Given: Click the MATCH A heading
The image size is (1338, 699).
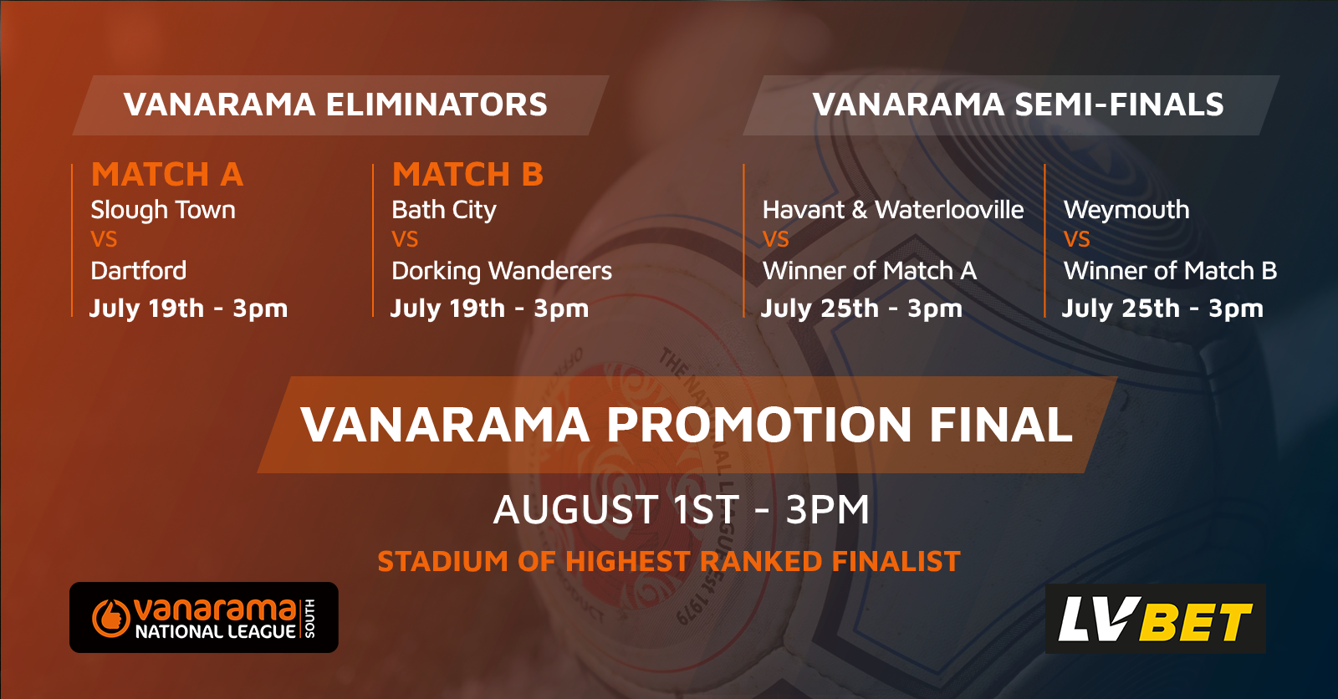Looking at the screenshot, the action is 167,175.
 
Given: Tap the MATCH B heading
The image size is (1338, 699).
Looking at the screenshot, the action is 467,175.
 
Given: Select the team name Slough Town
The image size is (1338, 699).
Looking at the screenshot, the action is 163,211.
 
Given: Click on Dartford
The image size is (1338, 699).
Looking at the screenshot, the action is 139,271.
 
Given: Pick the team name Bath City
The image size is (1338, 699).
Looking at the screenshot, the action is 444,211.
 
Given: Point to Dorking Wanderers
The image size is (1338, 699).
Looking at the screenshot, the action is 502,271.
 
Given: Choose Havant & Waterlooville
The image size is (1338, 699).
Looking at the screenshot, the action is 893,210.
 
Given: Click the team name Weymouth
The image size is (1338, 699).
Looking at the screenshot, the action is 1126,211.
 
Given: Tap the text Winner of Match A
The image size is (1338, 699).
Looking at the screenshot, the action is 870,271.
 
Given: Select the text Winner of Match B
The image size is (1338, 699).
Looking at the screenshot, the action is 1170,271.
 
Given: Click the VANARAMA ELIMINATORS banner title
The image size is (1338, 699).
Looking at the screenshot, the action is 335,105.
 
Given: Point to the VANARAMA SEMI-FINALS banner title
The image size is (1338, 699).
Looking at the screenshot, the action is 1018,105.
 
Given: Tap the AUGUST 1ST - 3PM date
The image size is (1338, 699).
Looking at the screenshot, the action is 681,509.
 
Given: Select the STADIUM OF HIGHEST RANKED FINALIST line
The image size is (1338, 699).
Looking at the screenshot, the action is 669,562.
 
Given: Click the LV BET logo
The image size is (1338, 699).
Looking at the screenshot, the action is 1155,619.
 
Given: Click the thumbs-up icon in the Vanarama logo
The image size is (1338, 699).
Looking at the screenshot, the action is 110,618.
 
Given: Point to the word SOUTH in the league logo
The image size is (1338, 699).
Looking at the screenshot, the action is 309,619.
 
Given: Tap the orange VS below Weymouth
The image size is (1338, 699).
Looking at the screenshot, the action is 1077,240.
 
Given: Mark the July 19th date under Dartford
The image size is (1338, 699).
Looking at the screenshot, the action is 188,309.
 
